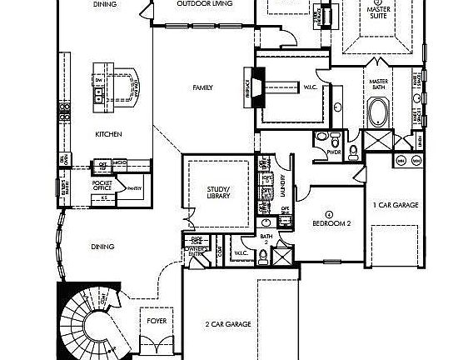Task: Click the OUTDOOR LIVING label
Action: point(205,4)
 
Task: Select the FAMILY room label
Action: point(202,87)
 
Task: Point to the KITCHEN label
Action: point(109,133)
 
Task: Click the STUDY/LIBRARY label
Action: point(218,193)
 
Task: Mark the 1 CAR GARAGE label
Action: point(395,204)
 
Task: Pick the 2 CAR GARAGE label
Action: point(228,324)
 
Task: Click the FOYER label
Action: point(157,319)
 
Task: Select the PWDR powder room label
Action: point(335,152)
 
